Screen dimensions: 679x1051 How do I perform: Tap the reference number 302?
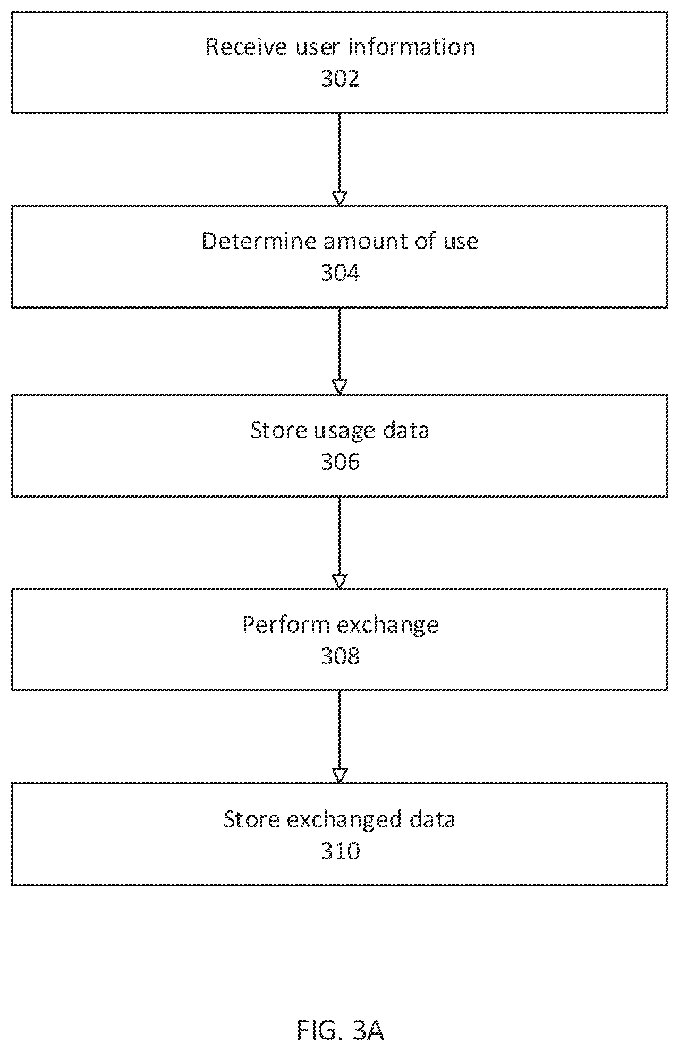pyautogui.click(x=340, y=79)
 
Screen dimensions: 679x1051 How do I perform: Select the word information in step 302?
pyautogui.click(x=412, y=47)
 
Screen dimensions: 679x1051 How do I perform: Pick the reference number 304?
pyautogui.click(x=340, y=273)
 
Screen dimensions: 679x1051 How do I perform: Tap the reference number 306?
pyautogui.click(x=340, y=462)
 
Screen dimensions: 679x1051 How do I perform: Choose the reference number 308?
pyautogui.click(x=340, y=656)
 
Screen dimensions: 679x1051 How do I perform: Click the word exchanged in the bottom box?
pyautogui.click(x=344, y=820)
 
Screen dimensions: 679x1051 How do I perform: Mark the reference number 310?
pyautogui.click(x=340, y=851)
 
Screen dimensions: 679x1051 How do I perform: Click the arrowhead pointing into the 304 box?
pyautogui.click(x=339, y=198)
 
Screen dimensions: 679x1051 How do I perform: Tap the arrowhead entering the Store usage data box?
pyautogui.click(x=339, y=387)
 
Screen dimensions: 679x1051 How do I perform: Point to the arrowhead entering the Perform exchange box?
pyautogui.click(x=339, y=581)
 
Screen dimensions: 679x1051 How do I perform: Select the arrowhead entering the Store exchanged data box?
pyautogui.click(x=339, y=775)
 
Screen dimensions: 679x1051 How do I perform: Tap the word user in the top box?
pyautogui.click(x=317, y=48)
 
